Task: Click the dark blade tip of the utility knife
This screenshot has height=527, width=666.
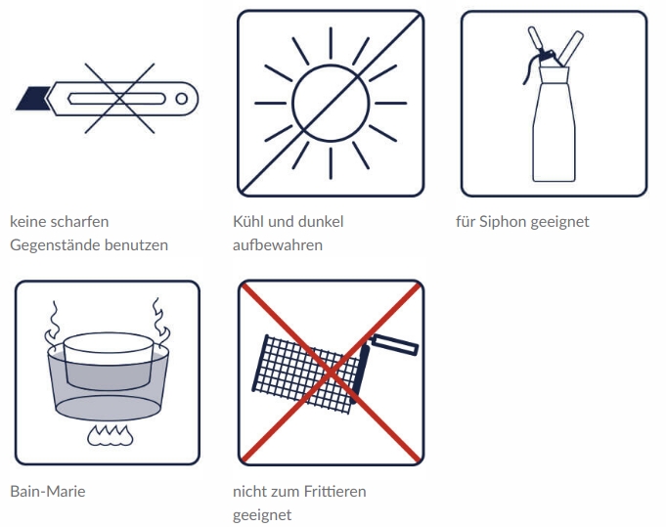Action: [x=31, y=98]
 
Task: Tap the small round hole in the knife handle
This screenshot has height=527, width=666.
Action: [x=182, y=99]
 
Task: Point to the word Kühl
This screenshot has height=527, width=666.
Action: [x=247, y=222]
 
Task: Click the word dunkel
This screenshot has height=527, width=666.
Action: [x=321, y=222]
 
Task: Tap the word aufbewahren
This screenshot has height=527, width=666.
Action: [x=278, y=245]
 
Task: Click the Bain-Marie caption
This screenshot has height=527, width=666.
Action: [x=48, y=492]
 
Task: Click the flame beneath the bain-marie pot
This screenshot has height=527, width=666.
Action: [x=110, y=435]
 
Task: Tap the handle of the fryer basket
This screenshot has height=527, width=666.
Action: [x=395, y=344]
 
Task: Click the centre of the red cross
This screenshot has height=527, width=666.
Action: [x=331, y=373]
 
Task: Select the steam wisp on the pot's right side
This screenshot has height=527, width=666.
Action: [x=160, y=321]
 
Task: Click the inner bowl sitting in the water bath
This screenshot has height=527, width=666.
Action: [x=108, y=361]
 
